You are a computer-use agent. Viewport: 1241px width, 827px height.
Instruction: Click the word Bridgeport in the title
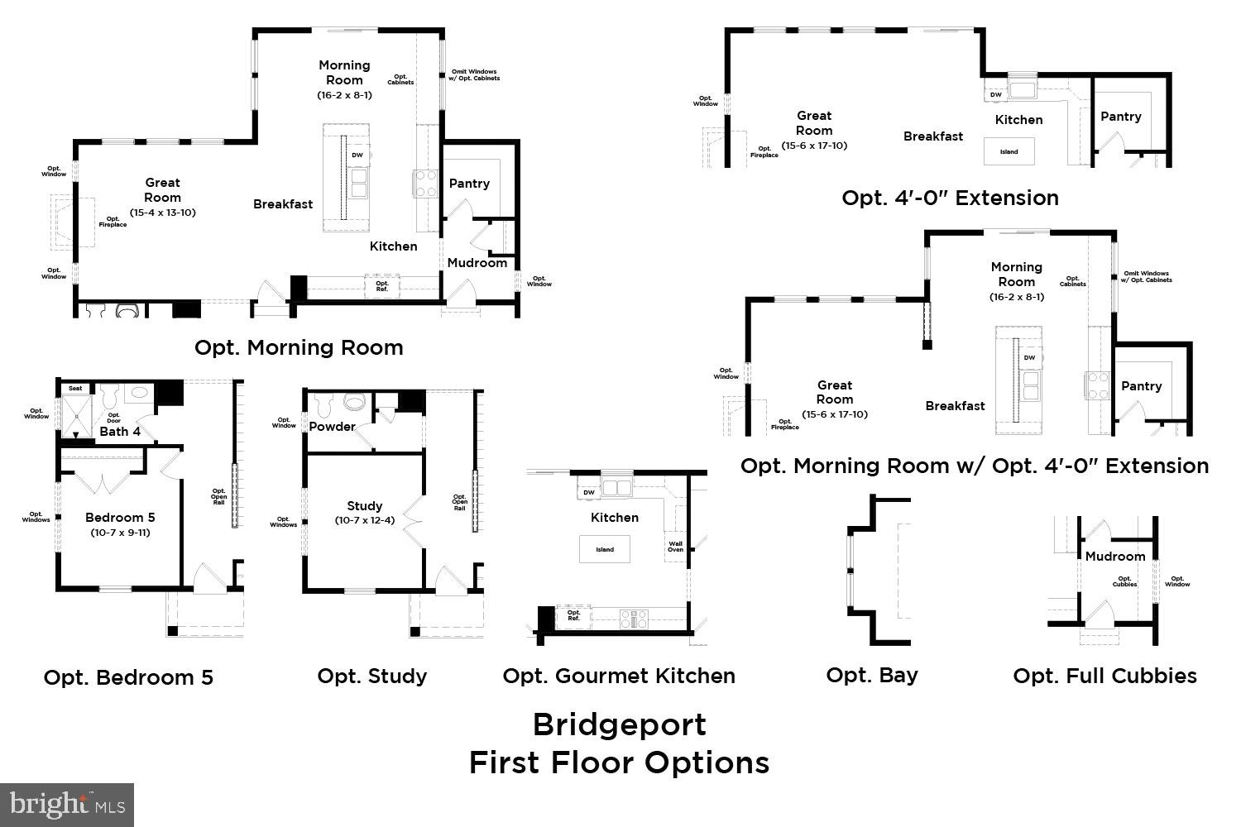(619, 724)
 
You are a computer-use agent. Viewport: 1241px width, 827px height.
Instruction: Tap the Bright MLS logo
(67, 805)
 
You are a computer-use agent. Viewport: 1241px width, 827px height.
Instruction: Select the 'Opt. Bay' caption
(872, 676)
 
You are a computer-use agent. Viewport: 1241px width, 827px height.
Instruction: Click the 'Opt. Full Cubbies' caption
(1104, 676)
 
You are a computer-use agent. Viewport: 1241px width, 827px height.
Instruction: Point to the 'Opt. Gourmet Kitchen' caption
(619, 676)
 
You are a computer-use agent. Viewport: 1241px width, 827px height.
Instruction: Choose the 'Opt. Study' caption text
(372, 676)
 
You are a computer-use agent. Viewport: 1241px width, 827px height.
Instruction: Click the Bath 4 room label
(120, 431)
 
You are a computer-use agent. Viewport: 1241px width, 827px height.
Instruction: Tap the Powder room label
(332, 427)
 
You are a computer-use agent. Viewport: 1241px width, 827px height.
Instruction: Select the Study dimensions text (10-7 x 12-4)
(365, 520)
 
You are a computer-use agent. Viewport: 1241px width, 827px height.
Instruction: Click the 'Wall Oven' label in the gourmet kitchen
(676, 547)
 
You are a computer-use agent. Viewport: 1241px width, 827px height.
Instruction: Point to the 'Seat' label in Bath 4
(75, 388)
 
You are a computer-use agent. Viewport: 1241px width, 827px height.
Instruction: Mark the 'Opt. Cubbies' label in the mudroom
(1124, 581)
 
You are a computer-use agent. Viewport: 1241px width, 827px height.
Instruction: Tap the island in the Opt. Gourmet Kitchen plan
(605, 549)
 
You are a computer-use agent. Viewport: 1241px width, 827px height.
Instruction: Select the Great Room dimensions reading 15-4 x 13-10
(162, 213)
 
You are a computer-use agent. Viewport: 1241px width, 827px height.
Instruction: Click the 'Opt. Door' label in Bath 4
(114, 418)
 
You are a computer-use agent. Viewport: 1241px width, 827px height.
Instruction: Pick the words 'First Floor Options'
(619, 762)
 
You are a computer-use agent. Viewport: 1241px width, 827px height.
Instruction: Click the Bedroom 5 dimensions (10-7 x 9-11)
(120, 533)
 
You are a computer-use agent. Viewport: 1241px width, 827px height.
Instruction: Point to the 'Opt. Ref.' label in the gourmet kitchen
(573, 615)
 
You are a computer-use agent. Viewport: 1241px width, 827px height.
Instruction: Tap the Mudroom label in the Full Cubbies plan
(1115, 557)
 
